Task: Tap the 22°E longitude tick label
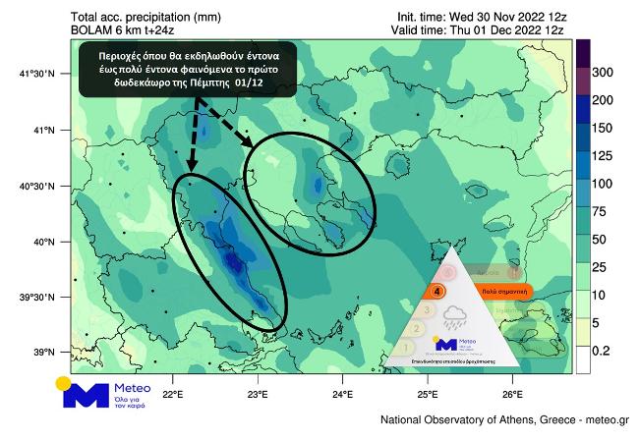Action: point(173,394)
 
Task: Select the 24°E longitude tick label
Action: point(342,394)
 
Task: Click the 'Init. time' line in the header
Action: point(481,17)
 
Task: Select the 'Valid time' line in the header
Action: point(481,30)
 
